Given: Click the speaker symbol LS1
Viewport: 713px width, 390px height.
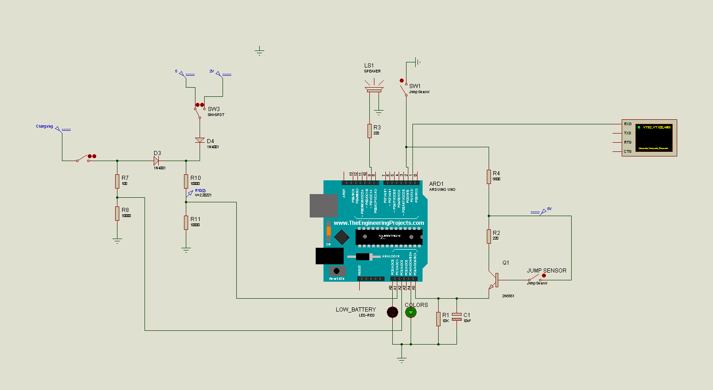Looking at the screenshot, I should coord(374,87).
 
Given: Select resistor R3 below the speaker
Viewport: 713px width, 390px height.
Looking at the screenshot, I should coord(369,131).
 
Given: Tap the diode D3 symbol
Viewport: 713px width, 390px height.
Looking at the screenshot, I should coord(156,161).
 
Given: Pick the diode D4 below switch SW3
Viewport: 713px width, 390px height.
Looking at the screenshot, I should coord(200,140).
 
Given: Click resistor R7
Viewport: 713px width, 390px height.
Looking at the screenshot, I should coord(117,181).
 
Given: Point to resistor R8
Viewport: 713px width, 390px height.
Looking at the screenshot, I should coord(117,213).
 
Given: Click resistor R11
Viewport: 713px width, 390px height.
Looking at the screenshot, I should coord(186,223).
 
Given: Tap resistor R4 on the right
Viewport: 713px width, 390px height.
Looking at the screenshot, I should coord(489,177).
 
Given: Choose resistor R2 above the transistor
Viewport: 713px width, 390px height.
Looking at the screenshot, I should coord(489,236).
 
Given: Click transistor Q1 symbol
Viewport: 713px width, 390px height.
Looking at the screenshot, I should coord(494,280).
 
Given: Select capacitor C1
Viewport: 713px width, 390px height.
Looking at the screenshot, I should coord(457,317).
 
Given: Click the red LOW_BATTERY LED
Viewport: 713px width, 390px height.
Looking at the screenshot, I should coord(392,312).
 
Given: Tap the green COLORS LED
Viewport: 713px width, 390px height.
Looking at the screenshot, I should coord(411,312).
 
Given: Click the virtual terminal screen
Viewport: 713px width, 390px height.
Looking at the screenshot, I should coord(654,137).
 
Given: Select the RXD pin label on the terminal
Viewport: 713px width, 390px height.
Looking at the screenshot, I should coord(627,124).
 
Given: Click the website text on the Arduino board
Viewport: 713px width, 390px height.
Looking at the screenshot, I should coord(379,223).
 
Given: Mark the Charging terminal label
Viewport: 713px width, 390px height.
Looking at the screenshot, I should coord(45,126).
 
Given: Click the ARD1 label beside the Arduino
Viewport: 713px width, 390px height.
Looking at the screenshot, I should coord(436,184).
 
